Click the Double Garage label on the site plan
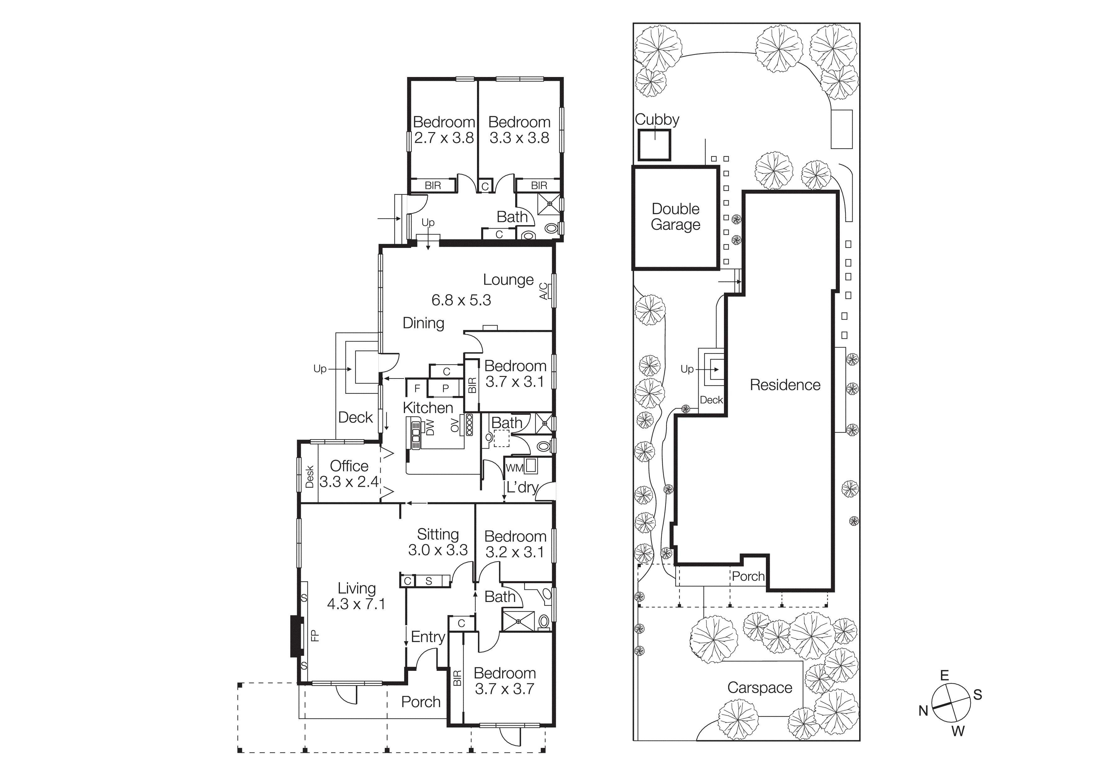pos(675,217)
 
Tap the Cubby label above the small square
pos(657,120)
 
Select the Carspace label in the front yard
pos(759,687)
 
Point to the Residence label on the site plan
pos(785,385)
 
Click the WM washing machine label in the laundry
pos(514,468)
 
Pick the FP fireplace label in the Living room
pos(315,635)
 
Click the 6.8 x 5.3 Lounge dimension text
pos(461,300)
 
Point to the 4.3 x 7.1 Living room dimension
pos(356,604)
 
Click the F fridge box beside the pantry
pos(417,388)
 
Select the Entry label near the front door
pos(428,637)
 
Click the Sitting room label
pos(438,534)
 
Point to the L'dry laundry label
pos(522,487)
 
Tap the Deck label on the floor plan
pos(355,417)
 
